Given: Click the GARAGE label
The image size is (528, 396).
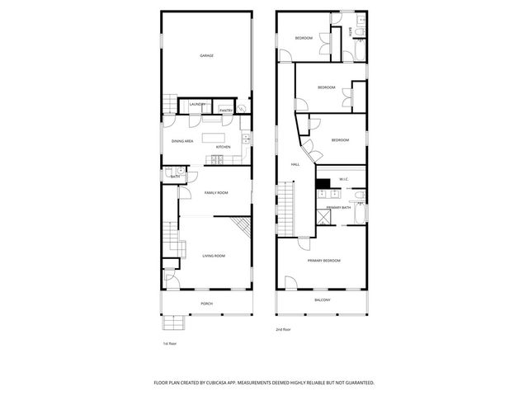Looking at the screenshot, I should (206, 55).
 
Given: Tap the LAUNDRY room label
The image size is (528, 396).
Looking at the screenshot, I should (197, 104).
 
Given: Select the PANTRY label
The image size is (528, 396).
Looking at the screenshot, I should (225, 110).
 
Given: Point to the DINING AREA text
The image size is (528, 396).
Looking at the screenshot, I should (182, 141).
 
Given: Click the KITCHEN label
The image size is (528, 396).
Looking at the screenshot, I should (223, 147).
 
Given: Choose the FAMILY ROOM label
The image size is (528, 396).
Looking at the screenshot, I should (216, 192).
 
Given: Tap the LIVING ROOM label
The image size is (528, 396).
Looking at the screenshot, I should (214, 256).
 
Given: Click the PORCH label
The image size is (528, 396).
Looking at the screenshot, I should (206, 303).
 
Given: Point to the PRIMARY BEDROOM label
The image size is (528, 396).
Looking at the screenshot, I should (324, 261).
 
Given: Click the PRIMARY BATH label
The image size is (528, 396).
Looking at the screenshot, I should (338, 207).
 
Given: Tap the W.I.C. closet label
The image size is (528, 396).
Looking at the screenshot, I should (343, 179).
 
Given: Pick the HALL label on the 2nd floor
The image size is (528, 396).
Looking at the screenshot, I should (295, 164).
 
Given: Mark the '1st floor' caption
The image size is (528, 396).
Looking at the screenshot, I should (169, 343).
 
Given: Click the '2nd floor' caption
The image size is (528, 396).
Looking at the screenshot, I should (284, 329).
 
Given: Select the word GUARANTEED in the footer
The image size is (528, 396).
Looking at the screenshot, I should (356, 383).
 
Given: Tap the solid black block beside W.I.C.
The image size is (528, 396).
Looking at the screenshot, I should (323, 183).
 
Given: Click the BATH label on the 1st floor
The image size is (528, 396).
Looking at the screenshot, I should (175, 177).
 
